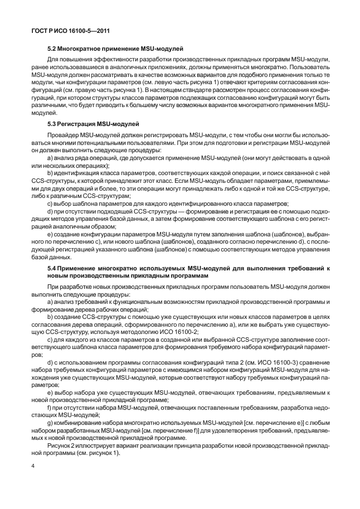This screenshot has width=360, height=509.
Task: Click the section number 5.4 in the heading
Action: click(52, 269)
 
